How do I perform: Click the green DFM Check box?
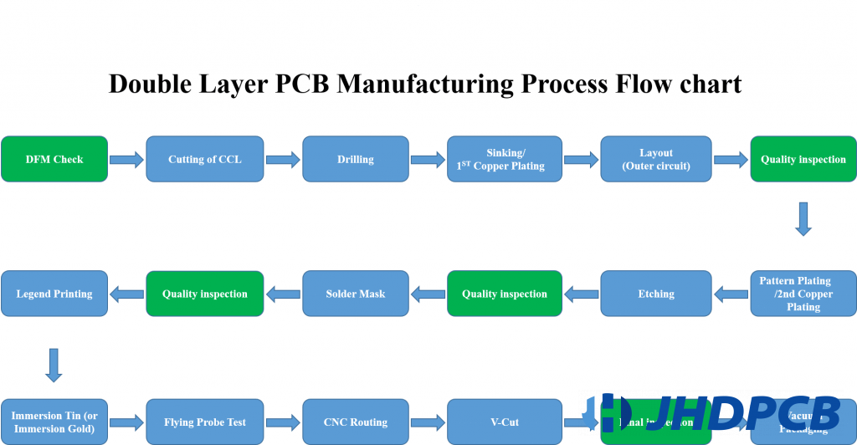click(x=54, y=159)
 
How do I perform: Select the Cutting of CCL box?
click(x=204, y=159)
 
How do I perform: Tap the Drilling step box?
click(x=355, y=159)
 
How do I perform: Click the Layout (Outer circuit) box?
click(x=655, y=159)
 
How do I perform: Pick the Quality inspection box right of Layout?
click(x=803, y=159)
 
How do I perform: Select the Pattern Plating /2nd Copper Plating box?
click(x=803, y=294)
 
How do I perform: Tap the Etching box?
click(x=655, y=294)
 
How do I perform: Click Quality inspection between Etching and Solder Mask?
click(x=505, y=294)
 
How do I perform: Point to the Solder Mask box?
click(x=355, y=294)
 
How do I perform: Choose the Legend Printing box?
click(x=54, y=294)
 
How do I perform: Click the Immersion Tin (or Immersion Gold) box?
click(x=54, y=422)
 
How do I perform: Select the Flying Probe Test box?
click(x=204, y=422)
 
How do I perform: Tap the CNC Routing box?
click(x=355, y=422)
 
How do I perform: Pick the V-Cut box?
click(x=505, y=422)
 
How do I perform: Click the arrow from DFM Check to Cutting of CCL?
click(x=127, y=160)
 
